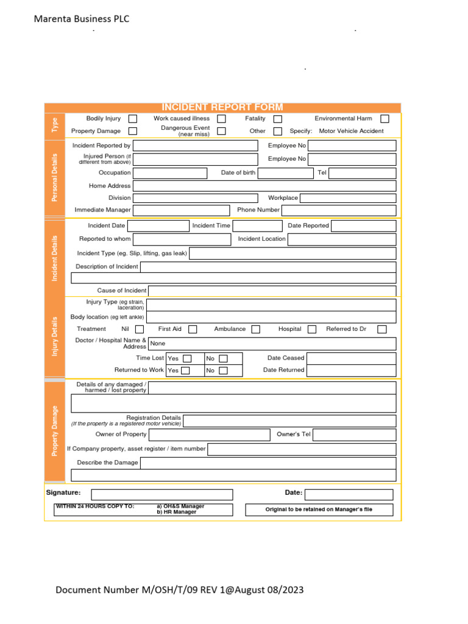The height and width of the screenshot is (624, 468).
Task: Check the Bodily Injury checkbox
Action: pyautogui.click(x=132, y=119)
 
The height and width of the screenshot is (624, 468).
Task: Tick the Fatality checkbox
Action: pyautogui.click(x=277, y=119)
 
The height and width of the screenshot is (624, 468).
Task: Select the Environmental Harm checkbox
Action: pyautogui.click(x=385, y=119)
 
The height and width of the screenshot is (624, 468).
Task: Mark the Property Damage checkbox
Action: pyautogui.click(x=132, y=131)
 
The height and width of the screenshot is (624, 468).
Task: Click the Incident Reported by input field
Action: pyautogui.click(x=195, y=146)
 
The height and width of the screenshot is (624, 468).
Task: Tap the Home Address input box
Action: pyautogui.click(x=264, y=186)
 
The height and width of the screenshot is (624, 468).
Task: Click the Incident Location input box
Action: pyautogui.click(x=341, y=239)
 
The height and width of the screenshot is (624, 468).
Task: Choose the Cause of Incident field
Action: pyautogui.click(x=272, y=291)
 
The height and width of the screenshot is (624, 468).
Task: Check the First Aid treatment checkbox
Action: pyautogui.click(x=193, y=329)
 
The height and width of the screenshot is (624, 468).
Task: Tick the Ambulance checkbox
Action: pyautogui.click(x=256, y=329)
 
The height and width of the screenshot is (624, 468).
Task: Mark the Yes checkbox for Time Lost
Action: pyautogui.click(x=187, y=359)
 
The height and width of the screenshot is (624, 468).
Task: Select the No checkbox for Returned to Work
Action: pyautogui.click(x=223, y=370)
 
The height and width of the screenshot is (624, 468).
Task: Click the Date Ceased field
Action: pyautogui.click(x=351, y=358)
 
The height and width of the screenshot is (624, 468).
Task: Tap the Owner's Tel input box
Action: pyautogui.click(x=354, y=434)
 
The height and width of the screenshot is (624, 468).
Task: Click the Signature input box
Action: pyautogui.click(x=162, y=494)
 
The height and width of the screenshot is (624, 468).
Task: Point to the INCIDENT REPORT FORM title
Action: pyautogui.click(x=222, y=107)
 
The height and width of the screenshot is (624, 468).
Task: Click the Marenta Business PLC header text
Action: pyautogui.click(x=82, y=19)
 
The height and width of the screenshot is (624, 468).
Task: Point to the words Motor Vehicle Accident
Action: pyautogui.click(x=352, y=131)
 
